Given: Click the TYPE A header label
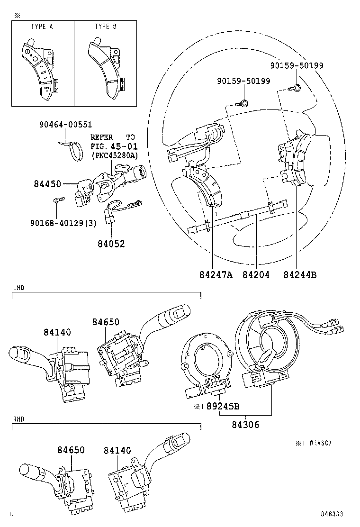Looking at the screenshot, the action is click(x=42, y=27).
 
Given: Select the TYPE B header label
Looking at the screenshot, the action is click(x=106, y=26).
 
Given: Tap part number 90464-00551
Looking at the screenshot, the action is click(x=65, y=124).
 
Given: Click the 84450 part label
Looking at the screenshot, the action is click(x=47, y=184).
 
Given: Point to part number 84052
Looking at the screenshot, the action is click(x=111, y=243).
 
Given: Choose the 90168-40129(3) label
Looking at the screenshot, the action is click(x=63, y=223).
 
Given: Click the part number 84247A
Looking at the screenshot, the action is click(x=216, y=274).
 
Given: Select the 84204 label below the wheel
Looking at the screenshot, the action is click(x=256, y=274).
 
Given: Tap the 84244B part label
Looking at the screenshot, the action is click(x=300, y=274).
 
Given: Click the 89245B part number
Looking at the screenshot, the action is click(x=223, y=406).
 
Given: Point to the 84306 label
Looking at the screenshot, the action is click(x=245, y=425).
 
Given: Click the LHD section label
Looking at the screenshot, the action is click(x=18, y=288).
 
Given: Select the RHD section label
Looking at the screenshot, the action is click(x=18, y=419).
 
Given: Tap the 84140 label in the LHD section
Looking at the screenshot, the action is click(x=57, y=332).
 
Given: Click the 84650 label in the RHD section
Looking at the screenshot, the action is click(x=71, y=450).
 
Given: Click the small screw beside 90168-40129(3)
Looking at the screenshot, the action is click(x=58, y=200).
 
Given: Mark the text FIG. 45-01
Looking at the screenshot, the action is click(x=114, y=146).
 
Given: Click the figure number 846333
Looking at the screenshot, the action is click(x=332, y=514).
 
